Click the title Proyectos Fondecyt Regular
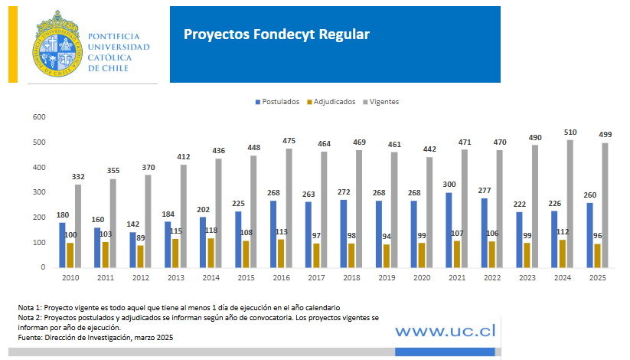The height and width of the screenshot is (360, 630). point(276,34)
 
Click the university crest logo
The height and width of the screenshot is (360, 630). point(58,44)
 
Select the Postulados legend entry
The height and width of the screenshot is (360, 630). point(276,101)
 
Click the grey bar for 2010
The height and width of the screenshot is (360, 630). point(78,225)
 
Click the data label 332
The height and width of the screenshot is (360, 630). point(78,177)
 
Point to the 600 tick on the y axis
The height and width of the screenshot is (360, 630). point(39,117)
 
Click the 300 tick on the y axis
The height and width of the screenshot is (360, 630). point(39,192)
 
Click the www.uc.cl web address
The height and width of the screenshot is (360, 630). point(446,330)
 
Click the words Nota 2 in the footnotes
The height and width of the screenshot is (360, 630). point(30,316)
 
